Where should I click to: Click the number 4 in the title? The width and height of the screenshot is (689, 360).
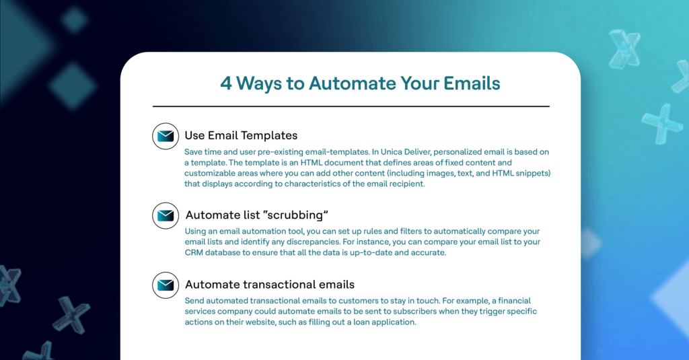point(226,83)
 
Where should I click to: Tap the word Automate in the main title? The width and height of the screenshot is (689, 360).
point(352,83)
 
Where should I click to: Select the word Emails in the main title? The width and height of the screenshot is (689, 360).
point(472,83)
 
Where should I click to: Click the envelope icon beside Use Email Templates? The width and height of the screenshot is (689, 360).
point(166,137)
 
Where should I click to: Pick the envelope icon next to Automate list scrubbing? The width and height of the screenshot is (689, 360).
point(166,215)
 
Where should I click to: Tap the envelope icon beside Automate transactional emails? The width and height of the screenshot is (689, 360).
point(166,285)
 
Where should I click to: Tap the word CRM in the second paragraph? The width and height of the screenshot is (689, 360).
point(193,253)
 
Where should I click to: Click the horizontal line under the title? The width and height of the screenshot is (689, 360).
point(351,106)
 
